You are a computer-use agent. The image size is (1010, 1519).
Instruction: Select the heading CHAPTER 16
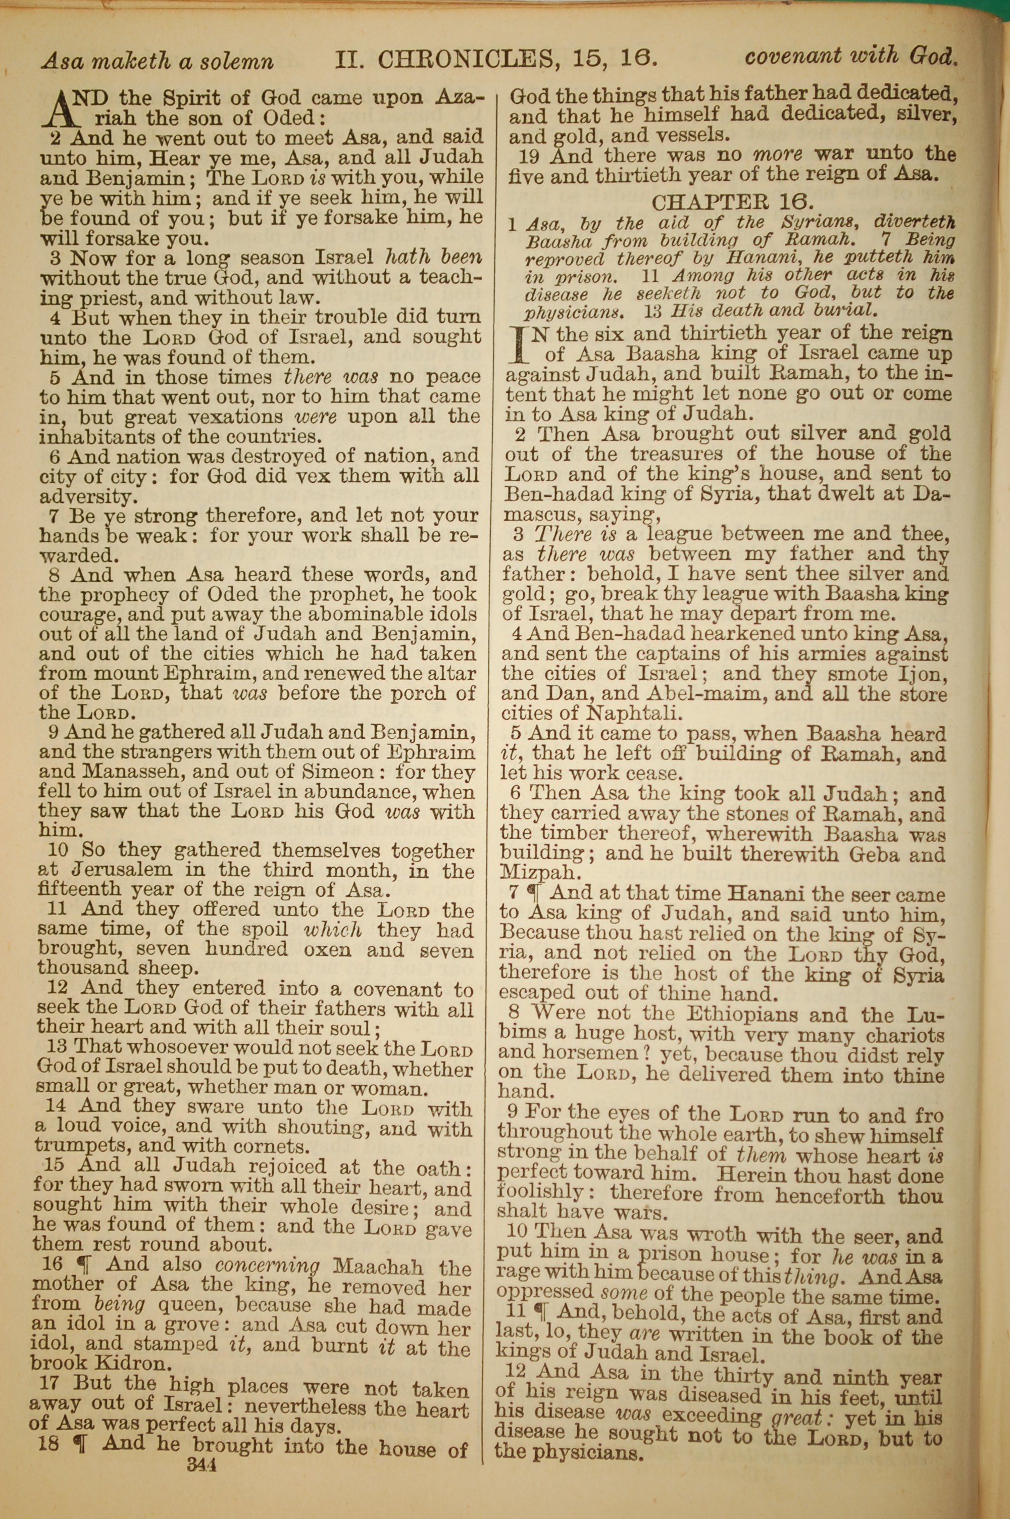(729, 202)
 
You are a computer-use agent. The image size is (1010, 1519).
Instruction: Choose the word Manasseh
(91, 773)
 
